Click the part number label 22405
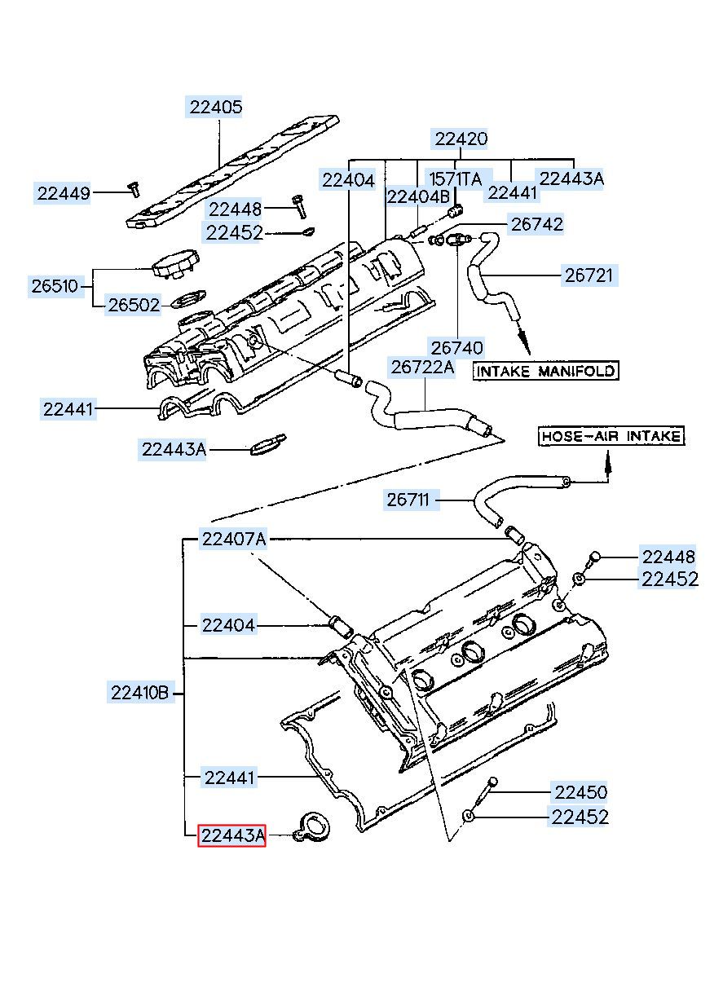pyautogui.click(x=215, y=107)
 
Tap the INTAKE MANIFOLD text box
pyautogui.click(x=545, y=371)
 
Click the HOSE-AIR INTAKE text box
pyautogui.click(x=611, y=436)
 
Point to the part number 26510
pyautogui.click(x=55, y=286)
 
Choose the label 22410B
pyautogui.click(x=140, y=693)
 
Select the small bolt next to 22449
pyautogui.click(x=133, y=189)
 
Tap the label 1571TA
pyautogui.click(x=455, y=178)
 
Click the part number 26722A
pyautogui.click(x=422, y=367)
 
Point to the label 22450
pyautogui.click(x=580, y=793)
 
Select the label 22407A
pyautogui.click(x=233, y=539)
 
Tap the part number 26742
pyautogui.click(x=536, y=225)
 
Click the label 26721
pyautogui.click(x=589, y=275)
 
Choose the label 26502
pyautogui.click(x=134, y=305)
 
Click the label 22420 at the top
pyautogui.click(x=461, y=139)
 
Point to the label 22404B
pyautogui.click(x=417, y=197)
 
